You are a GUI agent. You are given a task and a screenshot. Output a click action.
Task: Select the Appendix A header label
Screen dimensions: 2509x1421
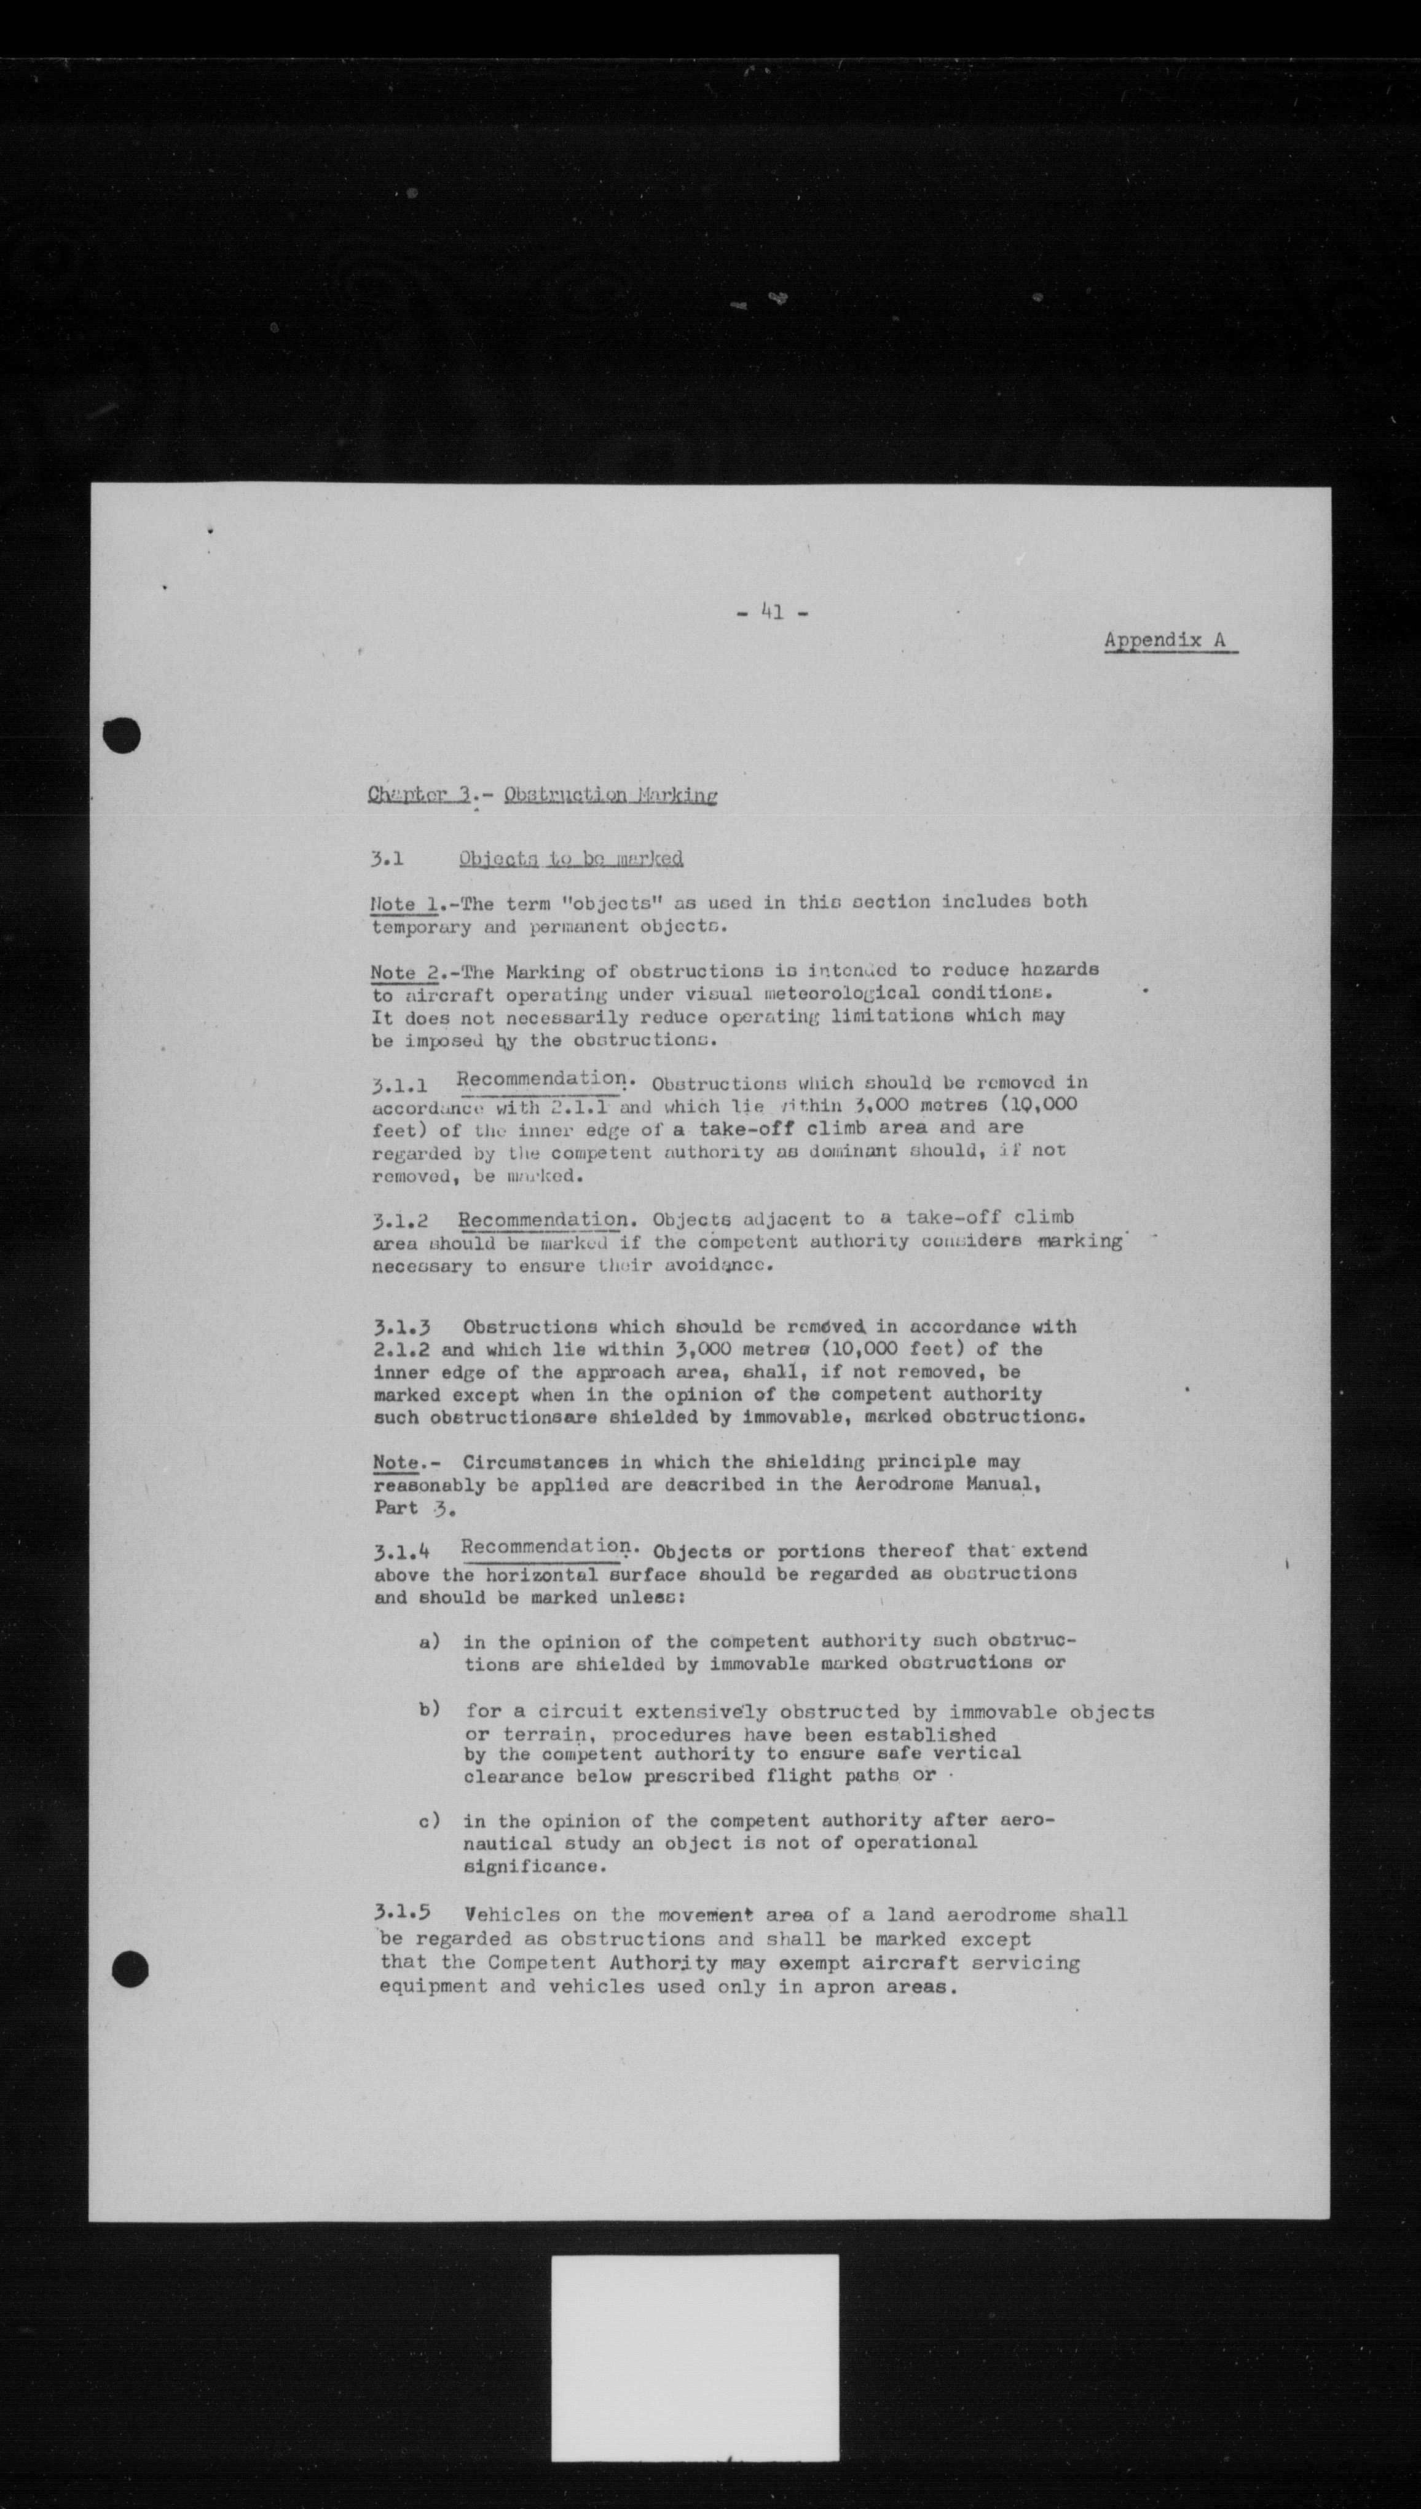[x=1169, y=640]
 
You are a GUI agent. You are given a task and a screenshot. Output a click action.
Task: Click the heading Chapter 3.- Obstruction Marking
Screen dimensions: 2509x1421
[x=543, y=794]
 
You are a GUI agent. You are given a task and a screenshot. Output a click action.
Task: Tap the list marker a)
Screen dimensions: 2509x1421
[x=430, y=1641]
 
